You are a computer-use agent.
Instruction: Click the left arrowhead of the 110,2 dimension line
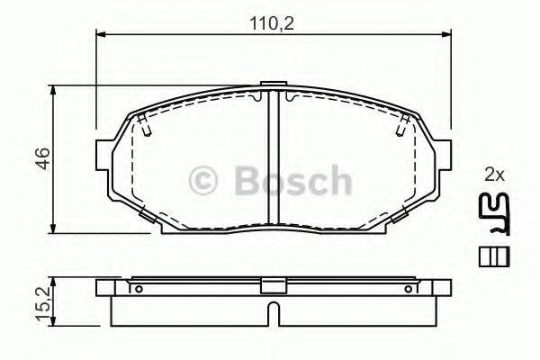[99, 35]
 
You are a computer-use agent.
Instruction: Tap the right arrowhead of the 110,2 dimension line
[445, 35]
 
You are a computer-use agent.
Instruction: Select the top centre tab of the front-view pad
[271, 89]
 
